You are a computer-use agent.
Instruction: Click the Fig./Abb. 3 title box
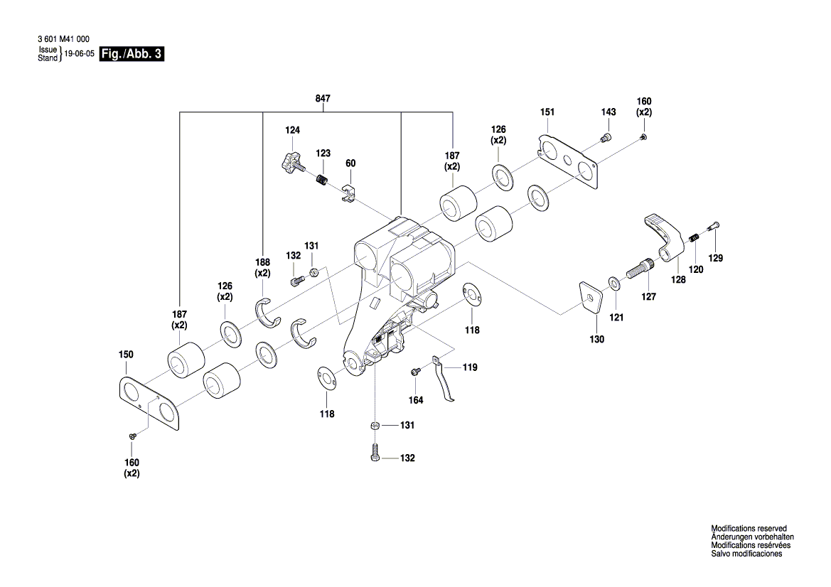(132, 55)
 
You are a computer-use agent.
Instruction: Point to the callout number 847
(323, 99)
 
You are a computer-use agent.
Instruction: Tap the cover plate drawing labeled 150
(151, 402)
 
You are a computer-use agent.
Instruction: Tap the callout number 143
(608, 112)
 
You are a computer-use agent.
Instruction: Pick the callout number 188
(263, 262)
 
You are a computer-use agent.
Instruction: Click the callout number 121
(616, 317)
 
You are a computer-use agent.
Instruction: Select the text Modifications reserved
(749, 529)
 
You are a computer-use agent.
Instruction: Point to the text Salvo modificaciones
(746, 554)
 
